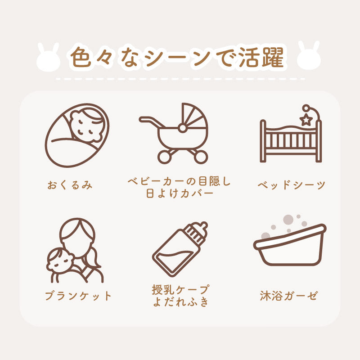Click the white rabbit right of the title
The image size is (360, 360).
310,57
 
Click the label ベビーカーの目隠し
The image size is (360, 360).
179,182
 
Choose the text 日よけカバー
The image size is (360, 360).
179,194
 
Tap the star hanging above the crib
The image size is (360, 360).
307,119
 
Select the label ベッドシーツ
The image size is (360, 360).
291,185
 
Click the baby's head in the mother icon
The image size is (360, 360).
61,259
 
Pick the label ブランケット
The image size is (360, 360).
78,296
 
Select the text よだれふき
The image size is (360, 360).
180,302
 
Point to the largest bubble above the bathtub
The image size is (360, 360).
288,220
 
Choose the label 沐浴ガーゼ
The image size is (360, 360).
288,296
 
